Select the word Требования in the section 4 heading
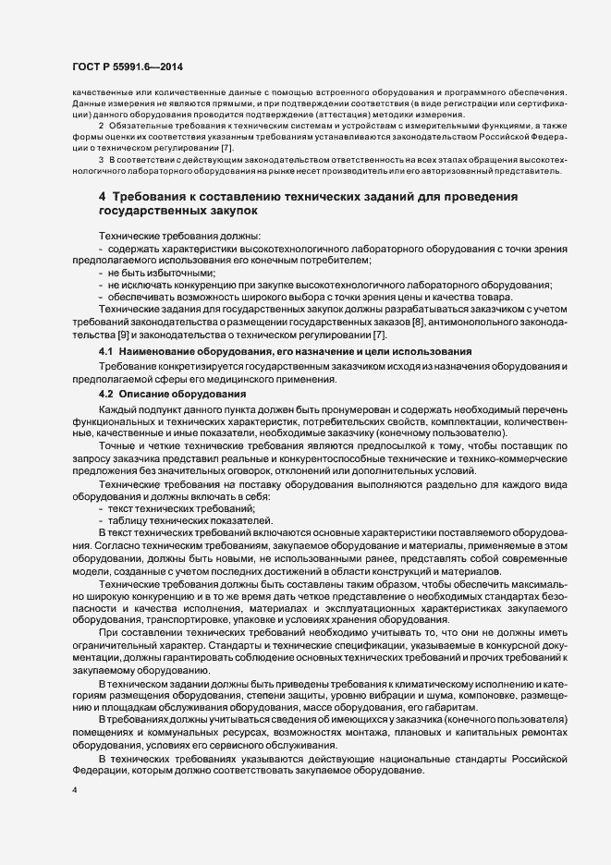pos(152,198)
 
